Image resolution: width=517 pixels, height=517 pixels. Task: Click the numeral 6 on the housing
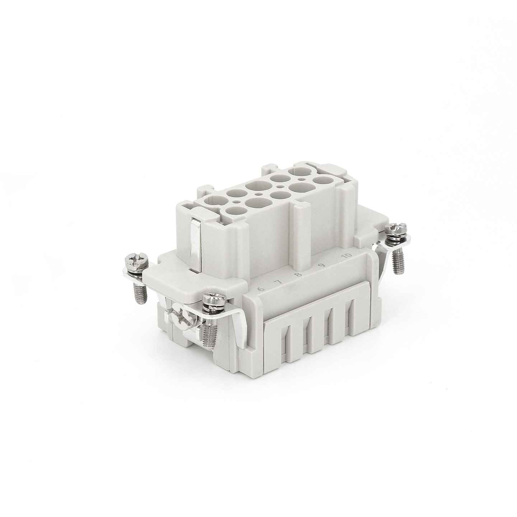260,289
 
